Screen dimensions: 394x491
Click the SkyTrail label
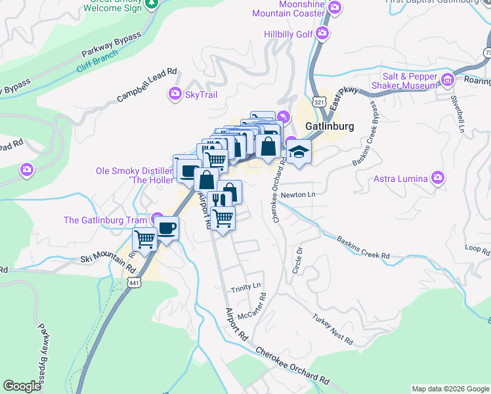pyautogui.click(x=201, y=95)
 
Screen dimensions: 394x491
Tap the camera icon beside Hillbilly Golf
pyautogui.click(x=322, y=33)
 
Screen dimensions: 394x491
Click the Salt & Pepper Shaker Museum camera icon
pyautogui.click(x=448, y=80)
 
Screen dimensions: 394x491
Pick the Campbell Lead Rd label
pyautogui.click(x=147, y=85)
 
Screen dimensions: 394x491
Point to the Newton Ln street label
pyautogui.click(x=298, y=194)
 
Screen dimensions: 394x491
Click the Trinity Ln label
pyautogui.click(x=245, y=288)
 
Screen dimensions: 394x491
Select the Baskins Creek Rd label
pyautogui.click(x=364, y=247)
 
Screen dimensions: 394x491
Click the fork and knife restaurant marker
pyautogui.click(x=219, y=200)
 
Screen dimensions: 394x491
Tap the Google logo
pyautogui.click(x=22, y=386)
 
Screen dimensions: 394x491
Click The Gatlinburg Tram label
pyautogui.click(x=105, y=220)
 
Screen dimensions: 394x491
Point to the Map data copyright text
pyautogui.click(x=450, y=389)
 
